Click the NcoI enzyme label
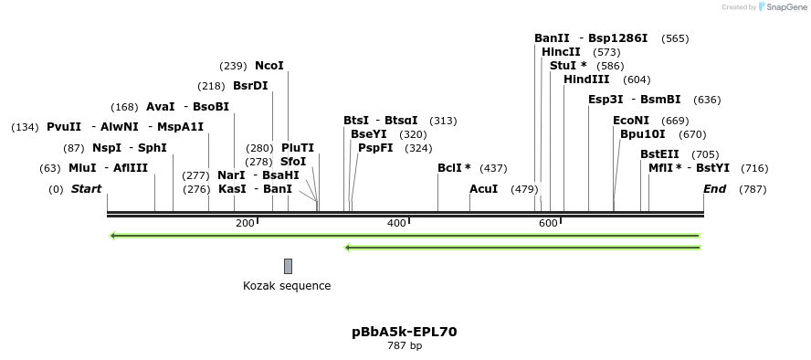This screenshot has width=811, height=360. tap(269, 66)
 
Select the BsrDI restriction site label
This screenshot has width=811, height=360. tap(250, 86)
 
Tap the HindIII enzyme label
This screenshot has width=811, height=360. tap(586, 79)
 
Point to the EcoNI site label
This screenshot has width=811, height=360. tap(631, 121)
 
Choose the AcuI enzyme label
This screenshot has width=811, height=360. tap(483, 189)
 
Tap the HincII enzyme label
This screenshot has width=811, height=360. tap(561, 52)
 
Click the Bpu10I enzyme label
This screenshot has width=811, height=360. tap(643, 134)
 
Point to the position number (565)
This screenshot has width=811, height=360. tap(675, 38)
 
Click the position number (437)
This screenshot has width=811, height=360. tap(493, 168)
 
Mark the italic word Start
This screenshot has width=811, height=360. tap(87, 189)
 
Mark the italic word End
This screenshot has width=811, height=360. tap(714, 189)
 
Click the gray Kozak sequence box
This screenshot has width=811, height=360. tap(288, 266)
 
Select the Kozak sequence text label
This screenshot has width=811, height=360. tap(287, 286)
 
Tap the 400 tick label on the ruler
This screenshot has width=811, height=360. tap(396, 223)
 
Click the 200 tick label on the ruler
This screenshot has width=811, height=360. tap(245, 223)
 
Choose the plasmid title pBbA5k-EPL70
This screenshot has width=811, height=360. tap(405, 332)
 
